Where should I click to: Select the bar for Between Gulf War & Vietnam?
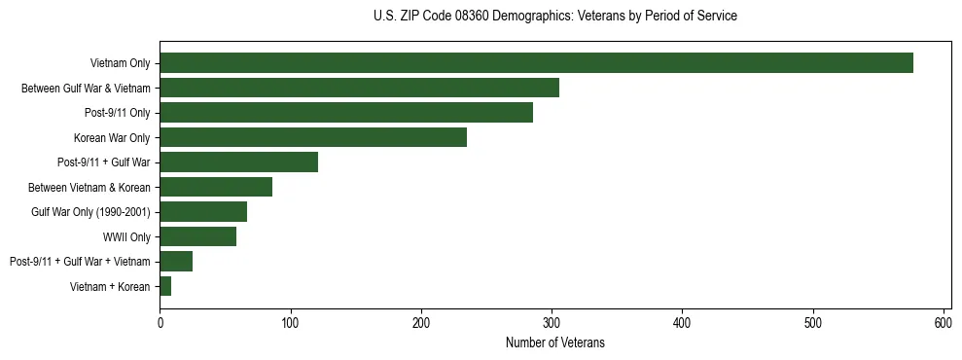[x=359, y=88]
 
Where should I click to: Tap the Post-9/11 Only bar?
[x=346, y=113]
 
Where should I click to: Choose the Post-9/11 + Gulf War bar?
[x=238, y=162]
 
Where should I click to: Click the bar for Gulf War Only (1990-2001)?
[x=203, y=211]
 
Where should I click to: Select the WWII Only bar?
[x=198, y=236]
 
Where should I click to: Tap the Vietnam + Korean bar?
[x=165, y=286]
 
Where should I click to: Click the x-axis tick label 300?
[x=552, y=322]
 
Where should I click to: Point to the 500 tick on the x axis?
[x=813, y=322]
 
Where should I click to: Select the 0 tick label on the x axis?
[x=160, y=322]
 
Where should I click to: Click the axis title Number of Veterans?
[x=555, y=342]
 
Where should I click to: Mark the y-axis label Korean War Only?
[x=112, y=138]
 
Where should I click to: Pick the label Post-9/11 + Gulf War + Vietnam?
[x=80, y=262]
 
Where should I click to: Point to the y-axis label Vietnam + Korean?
[x=110, y=287]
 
